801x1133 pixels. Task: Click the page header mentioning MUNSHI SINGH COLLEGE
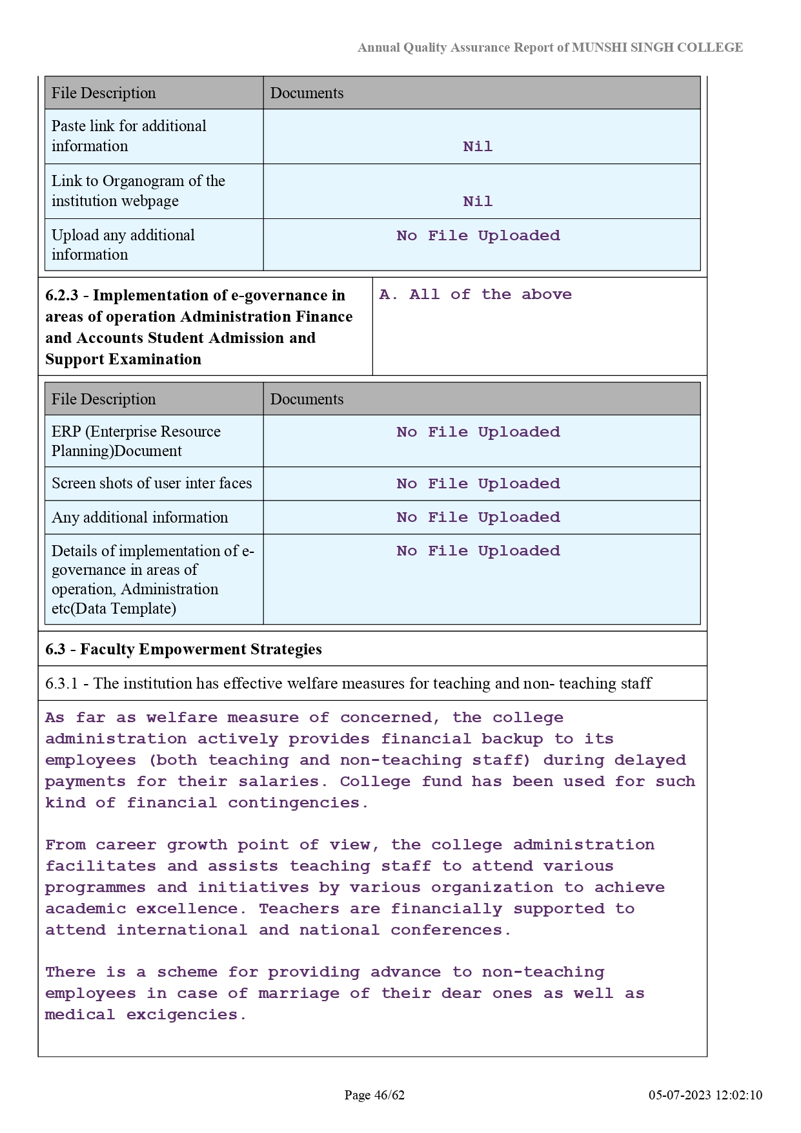[x=550, y=48]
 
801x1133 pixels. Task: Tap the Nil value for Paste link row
[x=478, y=147]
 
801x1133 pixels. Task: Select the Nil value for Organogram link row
[x=478, y=202]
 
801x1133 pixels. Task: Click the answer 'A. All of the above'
[x=475, y=295]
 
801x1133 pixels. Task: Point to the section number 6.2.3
[x=61, y=296]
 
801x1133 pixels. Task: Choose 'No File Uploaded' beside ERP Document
[x=478, y=432]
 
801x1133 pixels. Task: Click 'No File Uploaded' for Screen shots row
[x=478, y=484]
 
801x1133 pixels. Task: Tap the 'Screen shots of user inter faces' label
[x=152, y=483]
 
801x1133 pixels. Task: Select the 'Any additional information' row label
[x=139, y=517]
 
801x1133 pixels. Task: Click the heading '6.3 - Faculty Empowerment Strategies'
[x=183, y=649]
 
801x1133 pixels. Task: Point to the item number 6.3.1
[x=61, y=683]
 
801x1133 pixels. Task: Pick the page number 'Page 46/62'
[x=374, y=1095]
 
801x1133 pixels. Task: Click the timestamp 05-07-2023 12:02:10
[x=705, y=1095]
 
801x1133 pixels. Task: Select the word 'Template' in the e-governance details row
[x=145, y=608]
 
